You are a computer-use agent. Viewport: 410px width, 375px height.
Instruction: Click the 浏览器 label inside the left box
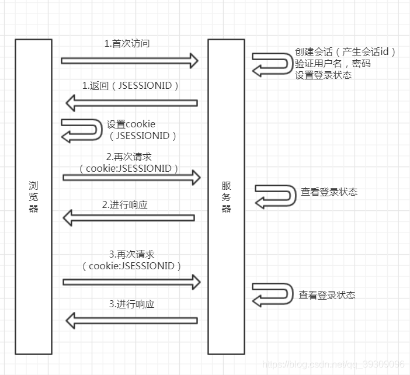point(33,196)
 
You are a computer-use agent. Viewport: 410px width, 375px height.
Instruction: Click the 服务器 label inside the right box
point(226,196)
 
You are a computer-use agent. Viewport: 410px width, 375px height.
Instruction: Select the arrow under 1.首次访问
point(130,60)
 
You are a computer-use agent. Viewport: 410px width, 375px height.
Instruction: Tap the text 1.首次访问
point(126,44)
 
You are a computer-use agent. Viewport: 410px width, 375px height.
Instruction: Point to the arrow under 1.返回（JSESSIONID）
point(131,103)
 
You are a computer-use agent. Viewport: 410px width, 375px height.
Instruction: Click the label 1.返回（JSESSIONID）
point(130,86)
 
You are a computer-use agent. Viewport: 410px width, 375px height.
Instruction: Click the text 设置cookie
point(131,124)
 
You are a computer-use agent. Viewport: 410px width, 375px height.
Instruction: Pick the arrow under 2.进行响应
point(128,218)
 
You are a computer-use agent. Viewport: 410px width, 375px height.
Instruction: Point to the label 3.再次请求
point(132,255)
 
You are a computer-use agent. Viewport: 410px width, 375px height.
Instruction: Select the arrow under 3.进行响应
point(131,320)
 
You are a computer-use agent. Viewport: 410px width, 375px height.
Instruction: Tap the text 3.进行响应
point(132,304)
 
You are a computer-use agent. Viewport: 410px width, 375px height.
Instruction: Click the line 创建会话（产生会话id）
point(345,52)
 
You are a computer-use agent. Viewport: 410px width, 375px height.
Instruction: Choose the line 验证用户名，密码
point(332,64)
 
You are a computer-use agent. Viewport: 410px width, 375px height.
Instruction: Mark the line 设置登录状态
point(323,75)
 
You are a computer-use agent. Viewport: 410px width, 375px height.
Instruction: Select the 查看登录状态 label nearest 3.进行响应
point(326,295)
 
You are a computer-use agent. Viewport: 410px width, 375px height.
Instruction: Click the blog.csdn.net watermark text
point(333,363)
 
